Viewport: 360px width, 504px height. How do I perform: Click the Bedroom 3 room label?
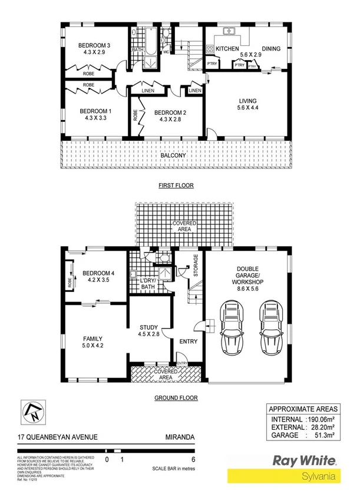95,46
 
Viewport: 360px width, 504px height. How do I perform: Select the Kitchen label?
227,48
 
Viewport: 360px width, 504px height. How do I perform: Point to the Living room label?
247,101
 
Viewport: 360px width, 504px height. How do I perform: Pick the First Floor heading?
176,185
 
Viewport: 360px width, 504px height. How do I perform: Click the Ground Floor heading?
176,398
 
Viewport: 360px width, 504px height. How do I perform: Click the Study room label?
148,327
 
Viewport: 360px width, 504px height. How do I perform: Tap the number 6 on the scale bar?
194,459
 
